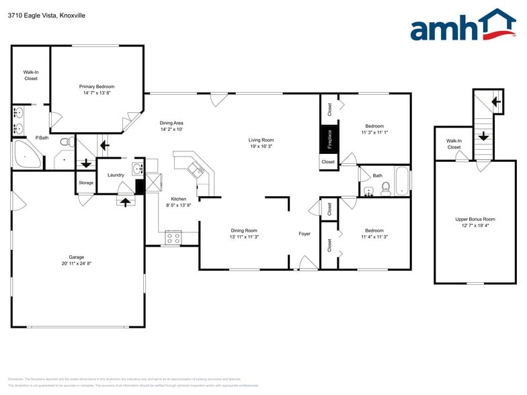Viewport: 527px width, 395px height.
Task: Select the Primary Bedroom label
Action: (97, 87)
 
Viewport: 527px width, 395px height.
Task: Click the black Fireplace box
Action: (329, 138)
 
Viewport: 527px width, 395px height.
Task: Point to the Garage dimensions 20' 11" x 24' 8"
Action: (76, 264)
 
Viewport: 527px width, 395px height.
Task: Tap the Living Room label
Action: (261, 139)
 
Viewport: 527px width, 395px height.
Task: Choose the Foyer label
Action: (305, 234)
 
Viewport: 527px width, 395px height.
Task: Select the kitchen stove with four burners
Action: (173, 236)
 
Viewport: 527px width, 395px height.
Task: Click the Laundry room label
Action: (116, 175)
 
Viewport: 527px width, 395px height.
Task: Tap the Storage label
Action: (86, 183)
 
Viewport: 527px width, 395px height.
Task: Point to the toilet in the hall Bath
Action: (386, 189)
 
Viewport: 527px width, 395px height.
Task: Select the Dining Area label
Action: (171, 123)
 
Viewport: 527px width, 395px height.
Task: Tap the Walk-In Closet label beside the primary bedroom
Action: (31, 75)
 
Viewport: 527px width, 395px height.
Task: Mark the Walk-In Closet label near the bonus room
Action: (454, 144)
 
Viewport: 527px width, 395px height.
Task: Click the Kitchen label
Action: (178, 199)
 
